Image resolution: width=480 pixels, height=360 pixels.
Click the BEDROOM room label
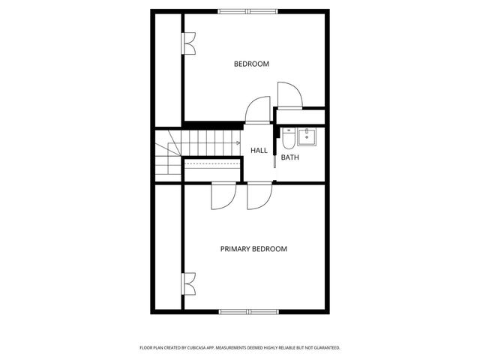[251, 64]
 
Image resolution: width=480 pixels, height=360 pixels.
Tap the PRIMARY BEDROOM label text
[253, 249]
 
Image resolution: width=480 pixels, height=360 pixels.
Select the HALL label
[259, 151]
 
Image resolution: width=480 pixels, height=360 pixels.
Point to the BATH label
[290, 157]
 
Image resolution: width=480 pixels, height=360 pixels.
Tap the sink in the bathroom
[306, 136]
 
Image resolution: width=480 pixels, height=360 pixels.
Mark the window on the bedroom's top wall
[247, 10]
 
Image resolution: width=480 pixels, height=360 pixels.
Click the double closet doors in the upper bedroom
[189, 44]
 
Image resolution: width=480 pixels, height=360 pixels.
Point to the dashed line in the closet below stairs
[211, 162]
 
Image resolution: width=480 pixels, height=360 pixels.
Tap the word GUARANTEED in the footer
[324, 348]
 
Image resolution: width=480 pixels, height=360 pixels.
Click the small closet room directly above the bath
[300, 117]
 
